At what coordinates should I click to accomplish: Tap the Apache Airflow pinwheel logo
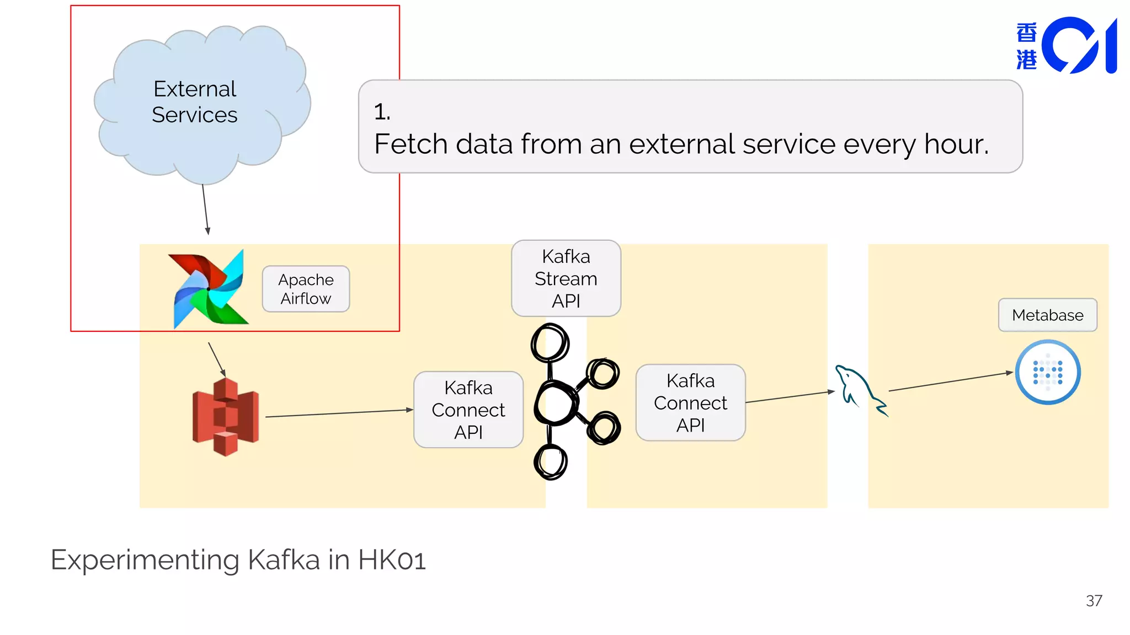[x=209, y=289]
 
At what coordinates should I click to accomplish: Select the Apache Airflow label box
[x=306, y=289]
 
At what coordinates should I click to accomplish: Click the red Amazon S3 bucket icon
[x=225, y=417]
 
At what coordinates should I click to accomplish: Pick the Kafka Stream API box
[x=566, y=278]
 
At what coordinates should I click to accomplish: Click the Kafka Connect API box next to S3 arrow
[x=468, y=410]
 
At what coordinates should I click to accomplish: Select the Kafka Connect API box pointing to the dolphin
[x=690, y=402]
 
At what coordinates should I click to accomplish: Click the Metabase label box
[x=1047, y=315]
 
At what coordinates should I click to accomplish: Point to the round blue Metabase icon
[x=1047, y=373]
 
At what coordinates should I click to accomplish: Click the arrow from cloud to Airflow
[x=205, y=209]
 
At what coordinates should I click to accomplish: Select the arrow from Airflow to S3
[x=217, y=359]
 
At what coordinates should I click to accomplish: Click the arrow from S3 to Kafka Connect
[x=339, y=413]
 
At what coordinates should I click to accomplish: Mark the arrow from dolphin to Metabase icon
[x=950, y=381]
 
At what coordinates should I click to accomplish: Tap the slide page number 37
[x=1094, y=601]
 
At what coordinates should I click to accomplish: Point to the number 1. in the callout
[x=382, y=112]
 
